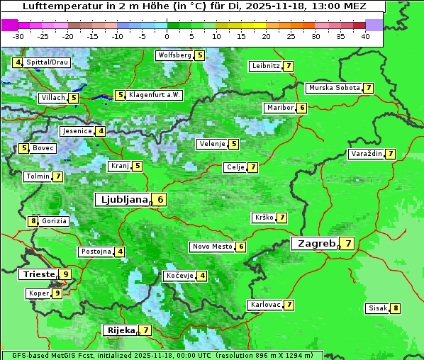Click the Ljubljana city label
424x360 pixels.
[123, 200]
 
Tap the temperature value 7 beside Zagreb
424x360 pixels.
[348, 244]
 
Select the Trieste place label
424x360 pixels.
[38, 274]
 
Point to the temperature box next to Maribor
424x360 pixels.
[302, 108]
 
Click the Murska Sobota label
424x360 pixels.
[333, 88]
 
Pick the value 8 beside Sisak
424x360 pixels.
[395, 308]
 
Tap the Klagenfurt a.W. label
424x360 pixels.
[155, 95]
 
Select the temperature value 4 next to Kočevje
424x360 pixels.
[202, 276]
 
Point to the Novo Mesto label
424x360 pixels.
[212, 247]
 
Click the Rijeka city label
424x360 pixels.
[118, 330]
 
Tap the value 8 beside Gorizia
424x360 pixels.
[33, 221]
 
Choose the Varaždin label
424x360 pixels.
[366, 154]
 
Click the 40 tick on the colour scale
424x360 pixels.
[365, 35]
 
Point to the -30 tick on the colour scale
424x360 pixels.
[18, 35]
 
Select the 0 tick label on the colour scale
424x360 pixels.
[167, 35]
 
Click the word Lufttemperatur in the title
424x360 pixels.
[55, 6]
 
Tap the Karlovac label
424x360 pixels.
[265, 305]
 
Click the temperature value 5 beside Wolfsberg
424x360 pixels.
[200, 55]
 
